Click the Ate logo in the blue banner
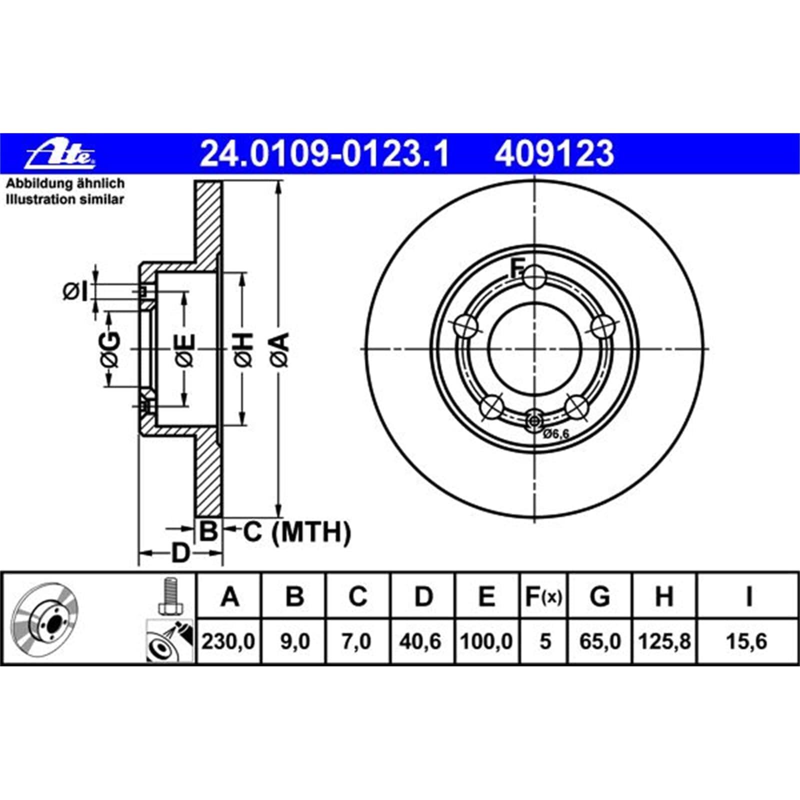pyautogui.click(x=61, y=153)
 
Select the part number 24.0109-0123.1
pyautogui.click(x=325, y=153)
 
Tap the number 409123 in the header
pyautogui.click(x=554, y=153)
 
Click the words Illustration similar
pyautogui.click(x=65, y=199)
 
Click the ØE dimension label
pyautogui.click(x=185, y=349)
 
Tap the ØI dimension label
pyautogui.click(x=76, y=291)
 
